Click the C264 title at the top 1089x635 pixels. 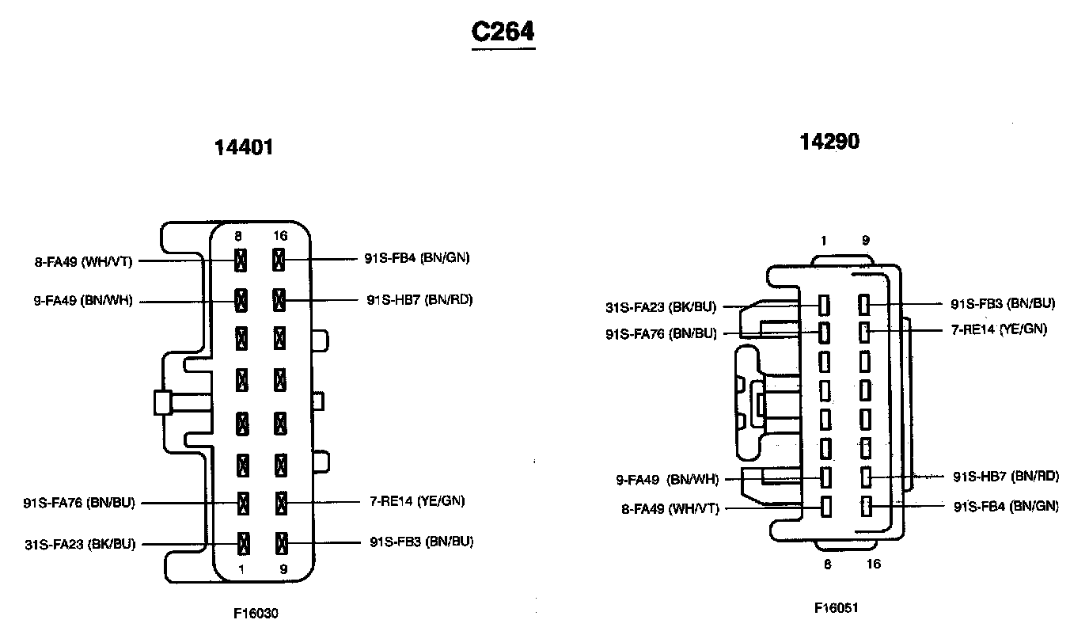click(x=503, y=32)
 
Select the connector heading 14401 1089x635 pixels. click(x=244, y=147)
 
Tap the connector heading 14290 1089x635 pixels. click(x=829, y=142)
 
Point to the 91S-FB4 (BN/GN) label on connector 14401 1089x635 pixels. click(x=421, y=257)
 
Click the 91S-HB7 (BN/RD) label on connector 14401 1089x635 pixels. click(x=419, y=300)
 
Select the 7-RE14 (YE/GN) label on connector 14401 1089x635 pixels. click(x=418, y=500)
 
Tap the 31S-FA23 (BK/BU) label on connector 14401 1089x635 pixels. click(x=79, y=544)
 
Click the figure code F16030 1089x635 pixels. click(x=256, y=613)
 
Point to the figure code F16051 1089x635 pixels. click(x=837, y=607)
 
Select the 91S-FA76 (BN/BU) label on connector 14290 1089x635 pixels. click(x=661, y=333)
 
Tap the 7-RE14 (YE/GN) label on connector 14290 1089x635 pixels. click(x=998, y=329)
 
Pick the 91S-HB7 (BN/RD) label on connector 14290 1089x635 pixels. click(x=1005, y=476)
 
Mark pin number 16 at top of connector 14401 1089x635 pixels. click(x=279, y=236)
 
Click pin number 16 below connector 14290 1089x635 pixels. click(x=874, y=564)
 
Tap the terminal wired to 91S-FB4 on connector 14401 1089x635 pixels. click(x=279, y=259)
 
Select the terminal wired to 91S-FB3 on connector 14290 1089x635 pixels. click(x=865, y=303)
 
